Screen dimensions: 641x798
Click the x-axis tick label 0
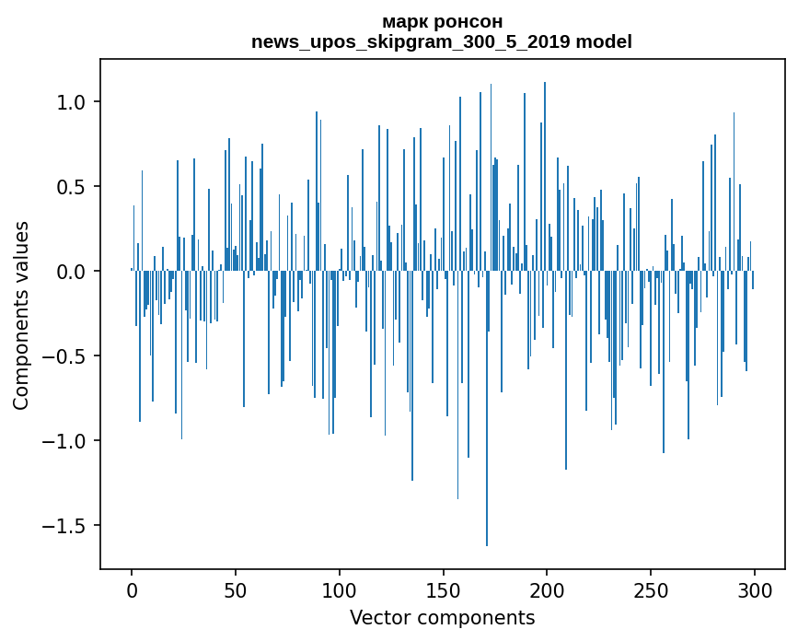132,589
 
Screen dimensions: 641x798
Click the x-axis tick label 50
236,589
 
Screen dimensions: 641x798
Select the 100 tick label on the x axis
340,589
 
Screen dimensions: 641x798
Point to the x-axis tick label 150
443,589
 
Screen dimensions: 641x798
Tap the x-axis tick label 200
547,589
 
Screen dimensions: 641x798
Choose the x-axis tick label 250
651,589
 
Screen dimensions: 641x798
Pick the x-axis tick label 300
755,589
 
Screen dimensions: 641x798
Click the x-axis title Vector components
442,617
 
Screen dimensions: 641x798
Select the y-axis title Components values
21,315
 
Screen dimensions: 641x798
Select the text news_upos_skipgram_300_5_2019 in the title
415,41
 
